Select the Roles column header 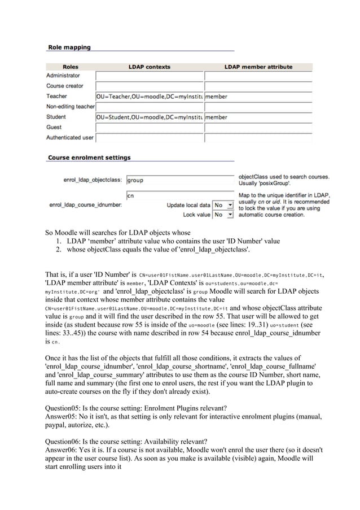(70, 67)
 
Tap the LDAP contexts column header (150, 67)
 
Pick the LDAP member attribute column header (258, 67)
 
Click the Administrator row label (63, 76)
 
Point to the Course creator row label (65, 86)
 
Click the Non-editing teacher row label (71, 107)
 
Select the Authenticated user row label (70, 137)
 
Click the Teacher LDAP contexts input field (149, 97)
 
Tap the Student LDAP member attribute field (257, 117)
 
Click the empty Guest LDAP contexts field (149, 128)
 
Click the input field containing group (179, 180)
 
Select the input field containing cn (179, 195)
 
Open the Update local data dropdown (223, 205)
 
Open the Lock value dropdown (223, 215)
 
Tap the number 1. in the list (58, 241)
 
